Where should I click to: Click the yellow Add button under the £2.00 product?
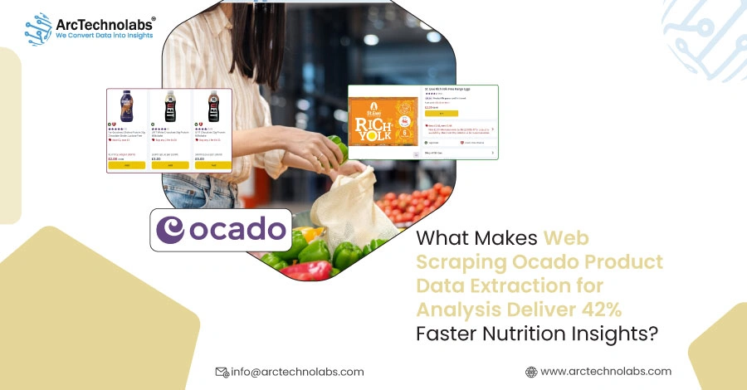(127, 165)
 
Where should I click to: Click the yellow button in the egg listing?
(442, 114)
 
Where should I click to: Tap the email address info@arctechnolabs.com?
(296, 372)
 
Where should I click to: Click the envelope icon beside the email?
(222, 372)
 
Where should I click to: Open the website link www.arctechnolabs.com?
(605, 371)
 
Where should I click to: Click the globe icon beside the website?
(531, 372)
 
